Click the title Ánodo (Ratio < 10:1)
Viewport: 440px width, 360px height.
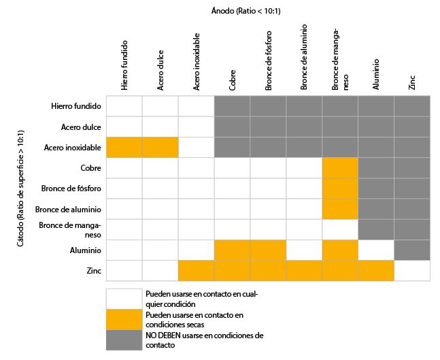point(246,11)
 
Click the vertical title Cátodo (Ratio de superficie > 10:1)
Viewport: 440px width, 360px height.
point(20,189)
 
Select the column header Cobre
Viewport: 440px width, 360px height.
point(232,80)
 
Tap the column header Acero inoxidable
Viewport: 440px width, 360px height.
point(197,62)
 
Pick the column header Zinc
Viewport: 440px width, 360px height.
point(412,82)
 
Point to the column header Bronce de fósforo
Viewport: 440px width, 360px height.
point(268,61)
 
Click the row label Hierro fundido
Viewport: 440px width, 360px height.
point(76,106)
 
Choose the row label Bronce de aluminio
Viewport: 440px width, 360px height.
point(68,210)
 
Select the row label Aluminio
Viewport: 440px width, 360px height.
point(85,250)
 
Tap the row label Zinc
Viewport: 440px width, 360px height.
point(94,271)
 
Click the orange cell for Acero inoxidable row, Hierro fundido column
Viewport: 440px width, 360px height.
point(124,148)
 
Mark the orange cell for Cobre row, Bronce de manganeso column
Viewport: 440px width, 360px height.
point(340,168)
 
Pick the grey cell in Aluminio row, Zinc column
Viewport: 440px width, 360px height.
point(412,250)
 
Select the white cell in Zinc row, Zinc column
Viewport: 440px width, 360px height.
point(412,270)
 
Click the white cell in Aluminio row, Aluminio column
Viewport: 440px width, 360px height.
point(376,250)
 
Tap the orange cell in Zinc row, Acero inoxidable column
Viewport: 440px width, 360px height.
point(196,270)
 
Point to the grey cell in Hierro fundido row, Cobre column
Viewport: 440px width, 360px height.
point(232,106)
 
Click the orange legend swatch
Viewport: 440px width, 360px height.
point(124,320)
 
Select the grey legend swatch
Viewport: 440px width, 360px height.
point(124,340)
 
